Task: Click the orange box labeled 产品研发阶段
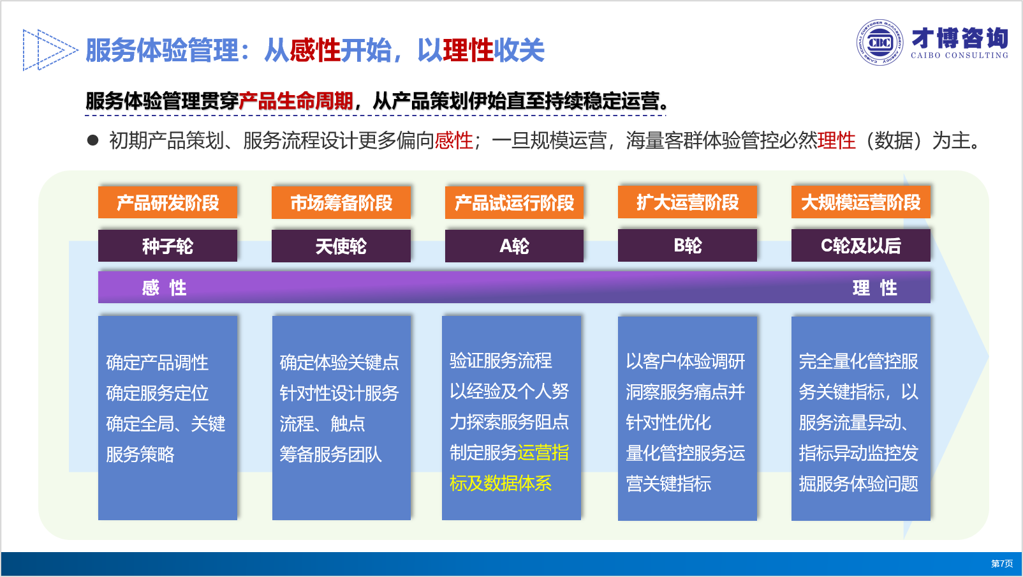click(168, 202)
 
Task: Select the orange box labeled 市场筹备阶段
click(341, 202)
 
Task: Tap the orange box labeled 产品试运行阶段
click(514, 202)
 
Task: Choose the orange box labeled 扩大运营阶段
click(688, 202)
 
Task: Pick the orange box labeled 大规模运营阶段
click(861, 202)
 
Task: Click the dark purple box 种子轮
click(168, 246)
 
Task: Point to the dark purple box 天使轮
click(341, 246)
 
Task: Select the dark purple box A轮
click(514, 246)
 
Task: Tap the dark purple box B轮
click(688, 246)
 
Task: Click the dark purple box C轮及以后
click(861, 246)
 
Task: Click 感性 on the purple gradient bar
click(164, 288)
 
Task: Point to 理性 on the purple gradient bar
click(875, 288)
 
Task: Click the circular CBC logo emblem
click(879, 43)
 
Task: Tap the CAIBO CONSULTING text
click(959, 56)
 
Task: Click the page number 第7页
click(1002, 564)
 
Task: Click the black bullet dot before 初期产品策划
click(92, 140)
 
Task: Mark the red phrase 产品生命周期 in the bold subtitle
click(296, 101)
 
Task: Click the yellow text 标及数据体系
click(501, 483)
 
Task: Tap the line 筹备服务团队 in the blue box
click(330, 454)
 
